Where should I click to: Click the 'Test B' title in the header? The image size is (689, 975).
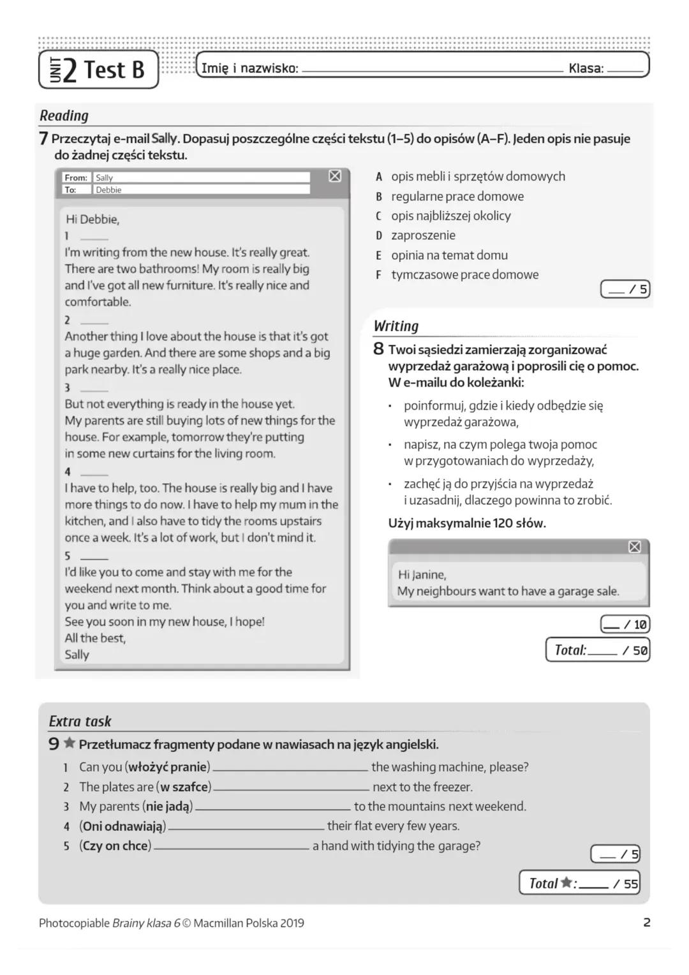114,69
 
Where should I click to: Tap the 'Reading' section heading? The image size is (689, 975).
64,115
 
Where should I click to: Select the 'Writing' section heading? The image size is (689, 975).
396,326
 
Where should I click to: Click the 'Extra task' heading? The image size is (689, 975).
80,721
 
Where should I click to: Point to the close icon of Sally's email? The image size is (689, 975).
335,176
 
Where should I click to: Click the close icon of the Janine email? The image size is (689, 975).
634,547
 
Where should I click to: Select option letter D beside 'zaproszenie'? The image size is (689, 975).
378,235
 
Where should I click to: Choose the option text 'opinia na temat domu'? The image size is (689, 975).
449,255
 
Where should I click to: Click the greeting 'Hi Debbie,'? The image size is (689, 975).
93,220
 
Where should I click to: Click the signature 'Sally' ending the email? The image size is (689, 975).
77,654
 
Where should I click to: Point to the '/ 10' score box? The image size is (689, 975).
625,624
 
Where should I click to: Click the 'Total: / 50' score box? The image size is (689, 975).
598,650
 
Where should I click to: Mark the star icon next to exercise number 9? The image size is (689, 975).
70,743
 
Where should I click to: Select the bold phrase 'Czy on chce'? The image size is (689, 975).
115,846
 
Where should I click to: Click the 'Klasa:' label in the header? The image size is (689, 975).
586,68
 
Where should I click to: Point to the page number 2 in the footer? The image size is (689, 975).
646,922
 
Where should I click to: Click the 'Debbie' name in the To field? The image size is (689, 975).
108,190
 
